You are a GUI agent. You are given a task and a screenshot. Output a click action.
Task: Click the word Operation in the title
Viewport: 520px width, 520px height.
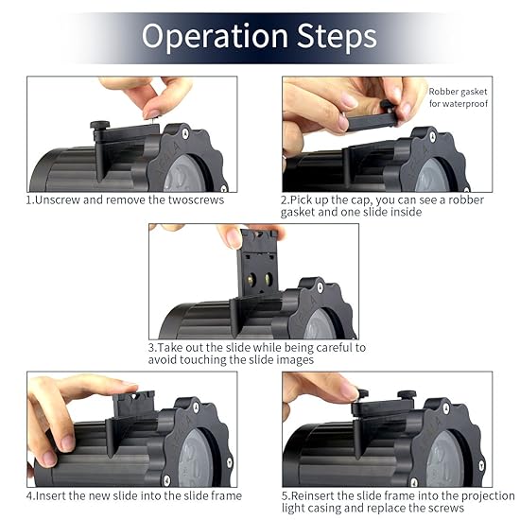(x=215, y=37)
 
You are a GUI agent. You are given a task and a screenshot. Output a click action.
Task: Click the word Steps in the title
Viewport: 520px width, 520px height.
(x=337, y=36)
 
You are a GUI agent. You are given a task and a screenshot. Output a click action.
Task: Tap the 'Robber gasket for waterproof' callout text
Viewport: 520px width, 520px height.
(x=458, y=97)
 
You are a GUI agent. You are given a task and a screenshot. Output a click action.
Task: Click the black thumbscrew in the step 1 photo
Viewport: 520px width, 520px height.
(x=100, y=126)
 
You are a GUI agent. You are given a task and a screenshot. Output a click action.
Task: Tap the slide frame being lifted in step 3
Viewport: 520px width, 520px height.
(x=258, y=263)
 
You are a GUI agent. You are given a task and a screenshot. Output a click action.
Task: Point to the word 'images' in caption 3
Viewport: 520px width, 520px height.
(x=295, y=360)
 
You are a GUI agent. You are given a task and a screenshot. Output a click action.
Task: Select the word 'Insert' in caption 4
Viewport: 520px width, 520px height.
(x=51, y=496)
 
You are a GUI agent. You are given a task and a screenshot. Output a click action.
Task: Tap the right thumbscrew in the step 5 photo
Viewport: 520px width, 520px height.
(x=407, y=395)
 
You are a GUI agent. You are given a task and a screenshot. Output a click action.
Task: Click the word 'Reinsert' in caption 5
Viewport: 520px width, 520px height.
(x=313, y=496)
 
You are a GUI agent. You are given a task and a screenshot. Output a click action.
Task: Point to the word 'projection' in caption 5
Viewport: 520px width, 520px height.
(x=488, y=496)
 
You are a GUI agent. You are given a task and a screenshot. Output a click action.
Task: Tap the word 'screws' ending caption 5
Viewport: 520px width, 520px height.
(x=445, y=509)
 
